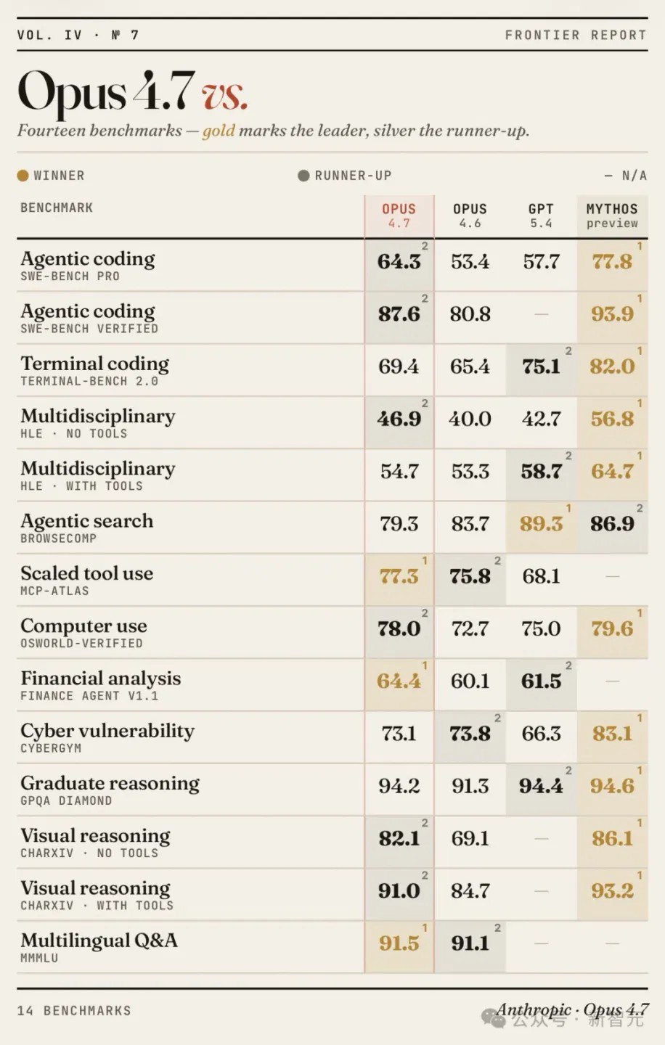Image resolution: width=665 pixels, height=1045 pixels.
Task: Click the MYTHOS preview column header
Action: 612,216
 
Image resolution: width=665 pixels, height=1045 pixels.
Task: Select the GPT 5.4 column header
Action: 541,216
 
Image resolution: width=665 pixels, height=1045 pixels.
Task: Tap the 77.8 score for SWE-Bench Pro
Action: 612,261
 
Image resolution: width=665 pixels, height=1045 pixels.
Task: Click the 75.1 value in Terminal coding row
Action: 541,366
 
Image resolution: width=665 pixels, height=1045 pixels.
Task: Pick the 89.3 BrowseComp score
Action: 541,523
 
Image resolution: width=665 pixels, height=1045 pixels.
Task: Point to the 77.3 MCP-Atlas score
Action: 399,576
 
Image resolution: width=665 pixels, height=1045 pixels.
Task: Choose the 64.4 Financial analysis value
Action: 399,681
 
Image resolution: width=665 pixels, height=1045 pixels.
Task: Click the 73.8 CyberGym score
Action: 470,734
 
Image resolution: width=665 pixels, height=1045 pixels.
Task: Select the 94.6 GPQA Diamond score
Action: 612,786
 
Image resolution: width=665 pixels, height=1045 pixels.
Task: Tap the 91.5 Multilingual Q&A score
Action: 399,943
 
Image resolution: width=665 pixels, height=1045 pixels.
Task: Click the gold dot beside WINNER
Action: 23,176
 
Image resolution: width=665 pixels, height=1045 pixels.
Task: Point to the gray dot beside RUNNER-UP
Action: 303,176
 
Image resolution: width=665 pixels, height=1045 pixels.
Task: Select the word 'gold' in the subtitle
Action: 219,131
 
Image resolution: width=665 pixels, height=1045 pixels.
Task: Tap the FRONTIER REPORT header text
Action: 576,35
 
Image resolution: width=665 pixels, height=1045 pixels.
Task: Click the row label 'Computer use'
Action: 83,626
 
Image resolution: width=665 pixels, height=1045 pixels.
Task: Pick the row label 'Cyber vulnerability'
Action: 107,731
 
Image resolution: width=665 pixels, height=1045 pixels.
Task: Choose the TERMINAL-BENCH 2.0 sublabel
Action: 89,381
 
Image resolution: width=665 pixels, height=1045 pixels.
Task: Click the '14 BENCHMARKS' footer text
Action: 74,1010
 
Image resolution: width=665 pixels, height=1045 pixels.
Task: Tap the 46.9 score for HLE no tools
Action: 399,419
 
